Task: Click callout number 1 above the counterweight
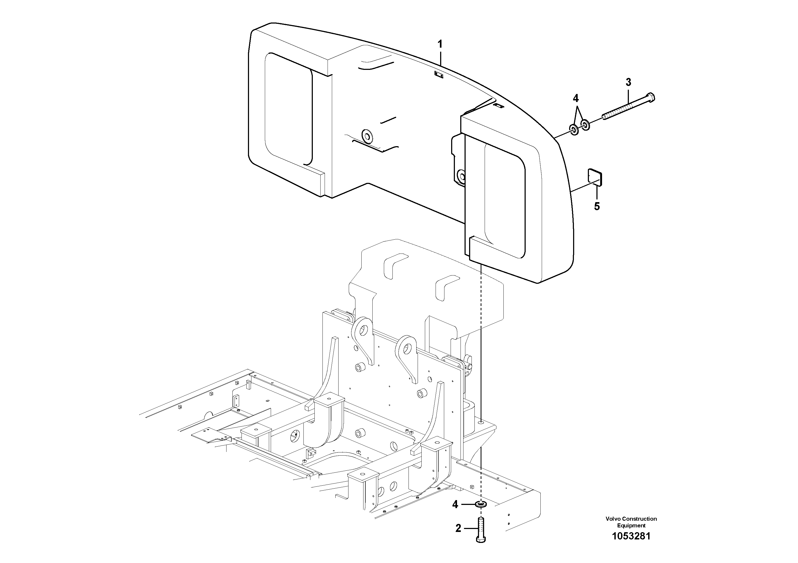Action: [440, 44]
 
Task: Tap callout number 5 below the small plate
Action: [597, 206]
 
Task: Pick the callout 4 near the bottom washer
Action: [455, 504]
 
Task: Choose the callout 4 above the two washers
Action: [576, 98]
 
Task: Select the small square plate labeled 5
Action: [595, 177]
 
